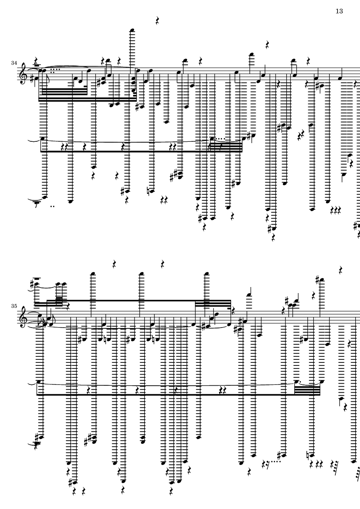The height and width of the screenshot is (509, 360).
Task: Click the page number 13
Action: [x=338, y=11]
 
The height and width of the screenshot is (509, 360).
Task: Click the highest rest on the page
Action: [x=158, y=20]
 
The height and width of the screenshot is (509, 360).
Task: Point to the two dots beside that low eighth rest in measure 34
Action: [x=53, y=206]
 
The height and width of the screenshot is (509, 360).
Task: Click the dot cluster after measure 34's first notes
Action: [x=54, y=69]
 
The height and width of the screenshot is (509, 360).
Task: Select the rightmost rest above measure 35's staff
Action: [x=341, y=270]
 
